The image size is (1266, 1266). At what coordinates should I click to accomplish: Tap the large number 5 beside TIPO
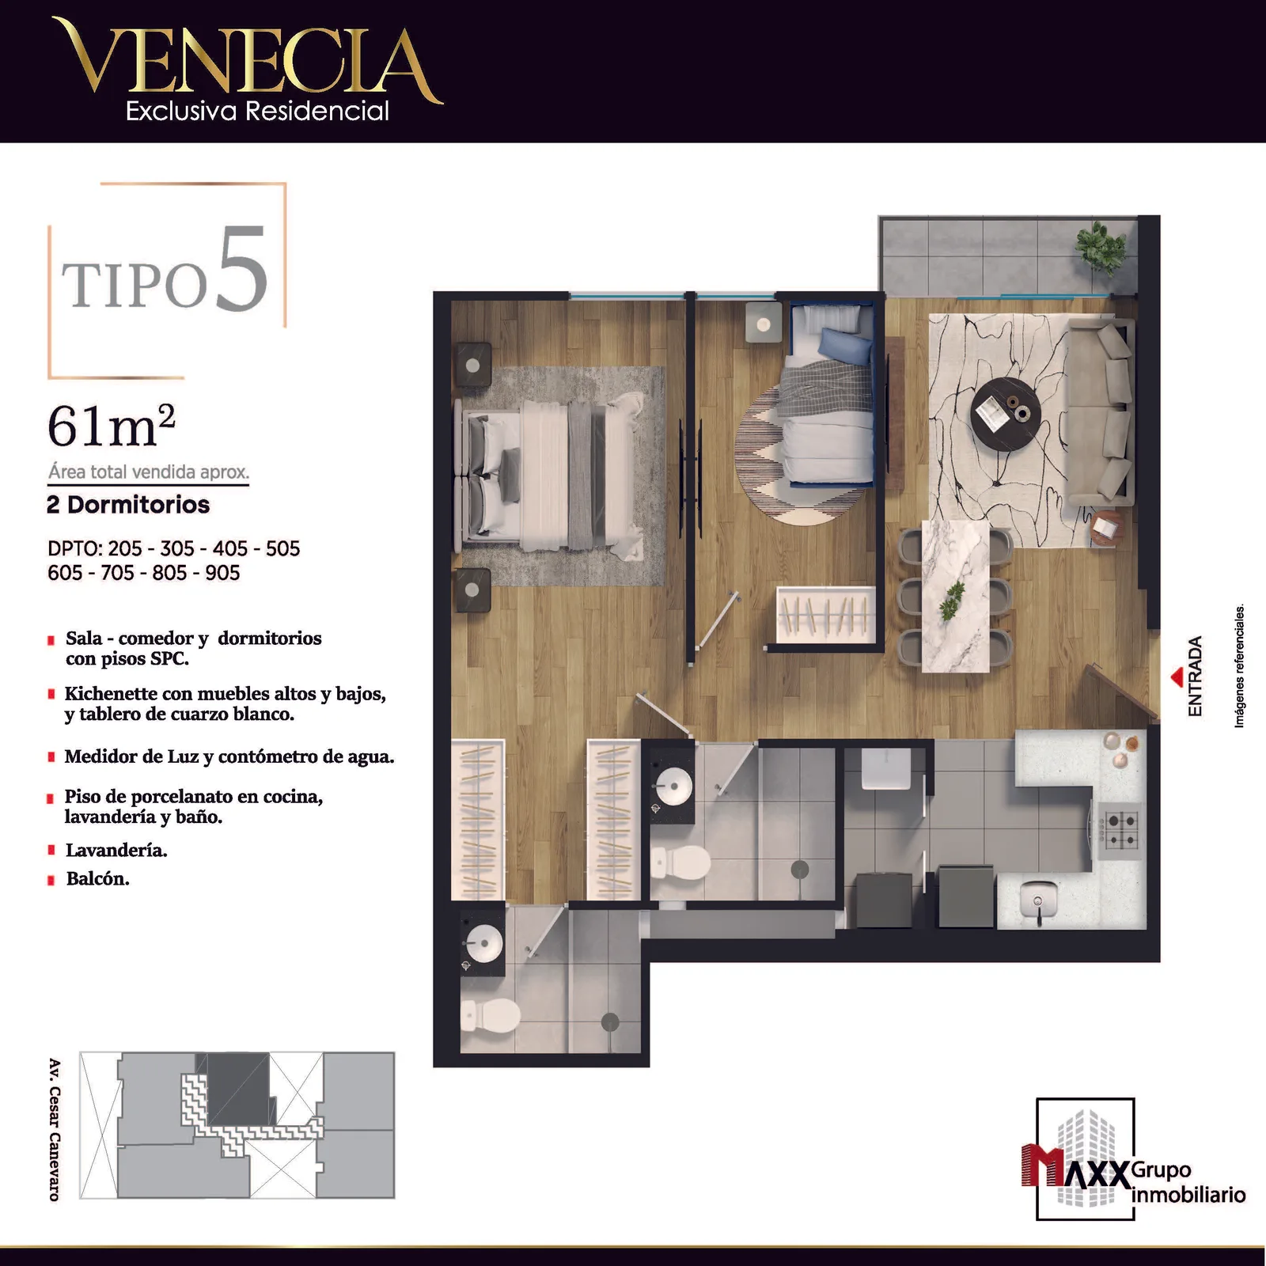point(241,270)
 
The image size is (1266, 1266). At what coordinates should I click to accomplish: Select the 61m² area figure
point(112,425)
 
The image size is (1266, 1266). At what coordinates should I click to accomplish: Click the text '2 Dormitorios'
point(128,505)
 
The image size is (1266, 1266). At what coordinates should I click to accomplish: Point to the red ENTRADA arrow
point(1178,677)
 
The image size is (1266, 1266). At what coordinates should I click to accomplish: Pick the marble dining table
point(956,595)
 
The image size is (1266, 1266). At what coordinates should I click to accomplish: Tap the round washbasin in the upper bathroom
point(675,787)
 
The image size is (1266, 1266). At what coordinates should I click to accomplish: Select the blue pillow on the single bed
point(846,346)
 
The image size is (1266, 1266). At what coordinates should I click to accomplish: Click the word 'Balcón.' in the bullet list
point(97,879)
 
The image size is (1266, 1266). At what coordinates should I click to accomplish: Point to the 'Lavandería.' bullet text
point(116,851)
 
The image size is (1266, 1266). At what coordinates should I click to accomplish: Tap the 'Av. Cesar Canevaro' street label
point(55,1129)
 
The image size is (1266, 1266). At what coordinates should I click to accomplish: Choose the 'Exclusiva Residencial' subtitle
point(257,111)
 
